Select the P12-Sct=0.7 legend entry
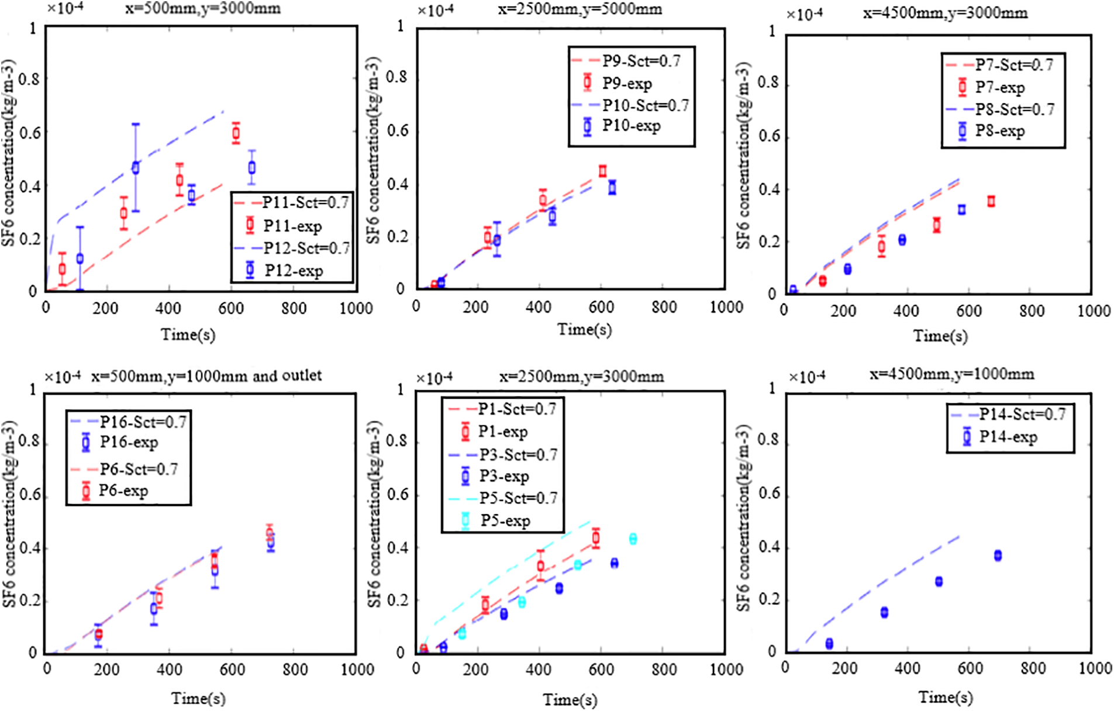point(292,248)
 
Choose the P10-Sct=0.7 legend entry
point(632,105)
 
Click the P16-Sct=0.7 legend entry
point(129,422)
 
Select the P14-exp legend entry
point(1000,437)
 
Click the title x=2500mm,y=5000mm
point(580,9)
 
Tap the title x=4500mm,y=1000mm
point(951,374)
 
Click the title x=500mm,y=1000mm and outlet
point(206,375)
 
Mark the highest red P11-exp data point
point(236,133)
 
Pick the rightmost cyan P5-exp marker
point(633,539)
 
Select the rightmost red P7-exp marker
point(991,201)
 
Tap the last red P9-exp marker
point(603,171)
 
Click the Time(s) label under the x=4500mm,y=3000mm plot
point(940,336)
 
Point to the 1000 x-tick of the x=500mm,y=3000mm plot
point(356,308)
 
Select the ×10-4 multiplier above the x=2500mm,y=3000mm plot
point(434,378)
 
